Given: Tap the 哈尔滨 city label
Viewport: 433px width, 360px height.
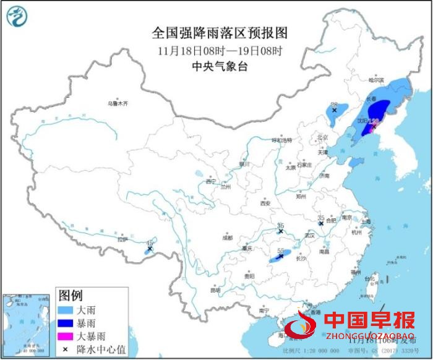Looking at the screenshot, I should pos(376,80).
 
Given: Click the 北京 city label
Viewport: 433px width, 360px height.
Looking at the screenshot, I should pos(321,137).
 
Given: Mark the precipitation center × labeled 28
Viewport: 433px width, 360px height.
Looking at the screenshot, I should pos(334,110).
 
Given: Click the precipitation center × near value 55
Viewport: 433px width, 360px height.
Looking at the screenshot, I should pos(281,255).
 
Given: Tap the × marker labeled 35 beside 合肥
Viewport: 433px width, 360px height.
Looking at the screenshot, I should pos(321,223).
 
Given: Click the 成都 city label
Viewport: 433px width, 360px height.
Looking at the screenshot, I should pos(228,238).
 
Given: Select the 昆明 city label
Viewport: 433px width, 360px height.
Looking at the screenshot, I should pos(215,289).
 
